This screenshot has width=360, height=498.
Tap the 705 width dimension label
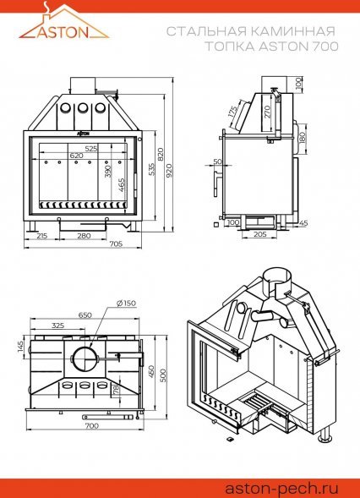coord(116,244)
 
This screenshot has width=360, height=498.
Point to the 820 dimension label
coord(161,155)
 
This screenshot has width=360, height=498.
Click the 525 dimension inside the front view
coord(90,148)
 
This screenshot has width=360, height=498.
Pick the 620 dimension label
coord(76,156)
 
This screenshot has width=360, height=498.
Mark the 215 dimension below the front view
coord(41,236)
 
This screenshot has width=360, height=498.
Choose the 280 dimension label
coord(85,236)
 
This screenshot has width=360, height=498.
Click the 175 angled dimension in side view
coord(232,112)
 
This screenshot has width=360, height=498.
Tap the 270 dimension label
coord(267,112)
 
